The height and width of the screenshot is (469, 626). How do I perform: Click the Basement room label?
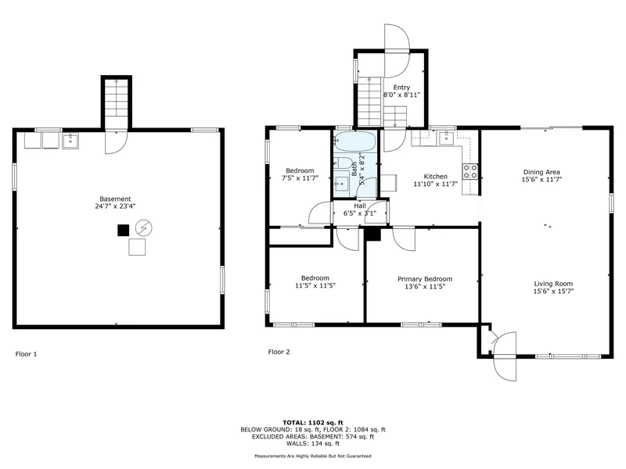[115, 199]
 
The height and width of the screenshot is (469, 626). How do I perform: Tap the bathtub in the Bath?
[355, 141]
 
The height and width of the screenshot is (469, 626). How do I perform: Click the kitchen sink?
[446, 138]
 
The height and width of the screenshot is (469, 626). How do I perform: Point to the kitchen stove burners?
[470, 171]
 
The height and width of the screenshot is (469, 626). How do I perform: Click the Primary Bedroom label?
[425, 279]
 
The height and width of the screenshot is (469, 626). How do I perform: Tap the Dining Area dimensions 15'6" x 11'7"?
[541, 180]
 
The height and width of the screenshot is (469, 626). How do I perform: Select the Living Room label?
[553, 284]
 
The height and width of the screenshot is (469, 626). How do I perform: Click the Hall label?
[360, 206]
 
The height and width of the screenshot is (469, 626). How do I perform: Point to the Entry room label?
[401, 88]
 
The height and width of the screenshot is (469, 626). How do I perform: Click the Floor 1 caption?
[26, 354]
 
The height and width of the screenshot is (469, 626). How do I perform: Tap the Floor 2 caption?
[279, 352]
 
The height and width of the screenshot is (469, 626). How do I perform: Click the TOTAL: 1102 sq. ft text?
[313, 423]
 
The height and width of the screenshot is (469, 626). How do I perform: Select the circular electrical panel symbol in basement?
[144, 227]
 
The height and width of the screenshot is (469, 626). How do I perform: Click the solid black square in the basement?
[124, 231]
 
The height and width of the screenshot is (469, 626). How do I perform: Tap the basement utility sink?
[70, 141]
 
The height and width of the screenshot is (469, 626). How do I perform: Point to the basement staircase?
[116, 103]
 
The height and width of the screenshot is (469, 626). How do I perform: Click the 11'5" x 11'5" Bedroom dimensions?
[315, 285]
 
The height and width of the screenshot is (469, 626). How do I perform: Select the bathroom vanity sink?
[341, 184]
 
